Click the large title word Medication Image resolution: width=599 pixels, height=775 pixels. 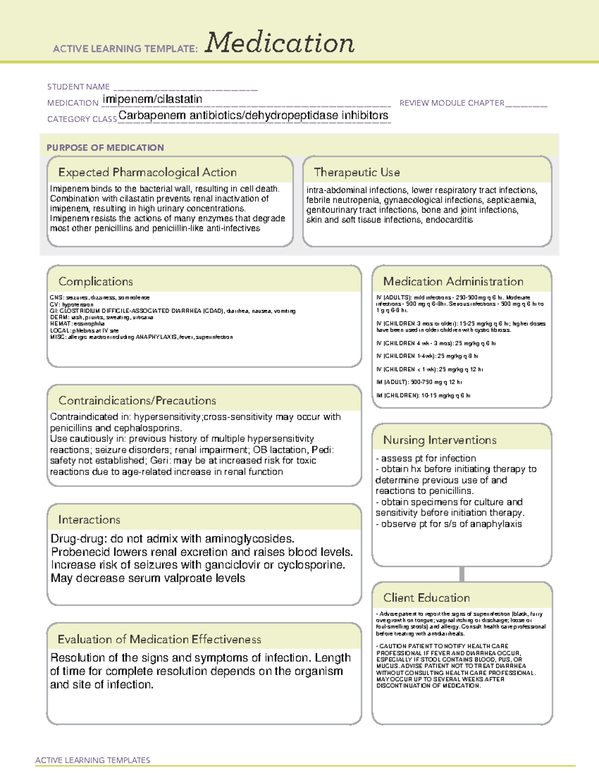(280, 43)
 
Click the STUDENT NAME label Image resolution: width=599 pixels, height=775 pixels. (78, 87)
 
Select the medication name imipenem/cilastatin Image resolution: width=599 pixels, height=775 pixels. (152, 99)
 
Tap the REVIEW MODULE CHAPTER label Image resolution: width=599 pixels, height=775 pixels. (452, 103)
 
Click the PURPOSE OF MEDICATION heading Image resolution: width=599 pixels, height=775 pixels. (105, 148)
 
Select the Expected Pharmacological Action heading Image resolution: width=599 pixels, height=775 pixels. (147, 172)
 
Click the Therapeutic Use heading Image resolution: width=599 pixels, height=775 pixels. (357, 172)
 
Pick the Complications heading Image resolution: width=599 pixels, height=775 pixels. (96, 281)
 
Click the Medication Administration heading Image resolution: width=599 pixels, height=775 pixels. (453, 281)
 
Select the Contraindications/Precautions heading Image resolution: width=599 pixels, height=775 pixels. (137, 401)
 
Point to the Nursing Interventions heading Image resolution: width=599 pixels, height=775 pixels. (440, 440)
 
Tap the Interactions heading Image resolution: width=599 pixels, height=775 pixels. (89, 520)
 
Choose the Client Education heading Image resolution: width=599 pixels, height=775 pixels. (427, 598)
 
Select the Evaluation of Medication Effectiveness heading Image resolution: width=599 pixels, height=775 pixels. (159, 639)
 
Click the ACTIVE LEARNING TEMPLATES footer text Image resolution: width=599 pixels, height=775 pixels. (93, 760)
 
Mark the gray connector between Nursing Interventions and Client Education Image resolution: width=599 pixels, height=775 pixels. (462, 574)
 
